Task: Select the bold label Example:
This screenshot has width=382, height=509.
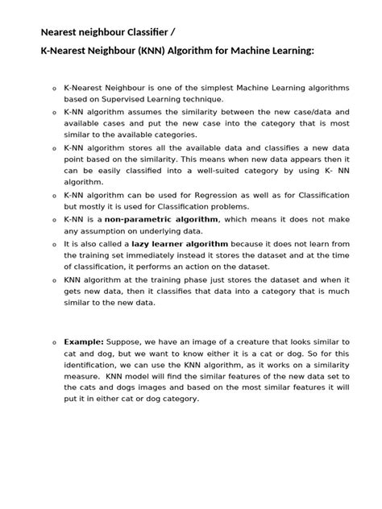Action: pyautogui.click(x=85, y=341)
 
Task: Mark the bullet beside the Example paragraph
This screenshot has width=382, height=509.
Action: pyautogui.click(x=53, y=342)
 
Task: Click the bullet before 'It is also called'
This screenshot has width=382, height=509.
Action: pyautogui.click(x=53, y=244)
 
